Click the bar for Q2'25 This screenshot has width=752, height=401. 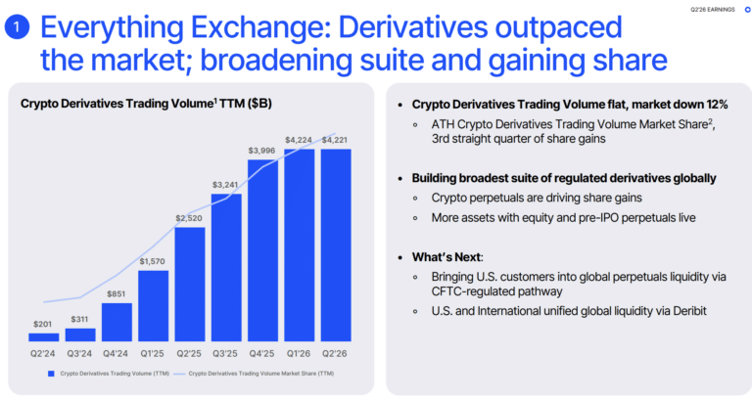click(x=190, y=284)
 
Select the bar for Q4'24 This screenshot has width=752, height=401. click(x=117, y=322)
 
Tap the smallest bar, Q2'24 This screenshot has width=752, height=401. click(x=44, y=337)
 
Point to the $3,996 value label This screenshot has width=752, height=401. click(x=261, y=151)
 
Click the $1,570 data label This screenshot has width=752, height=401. click(x=152, y=261)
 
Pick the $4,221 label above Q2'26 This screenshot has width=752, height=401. click(x=334, y=140)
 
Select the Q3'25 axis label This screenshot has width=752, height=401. click(x=225, y=354)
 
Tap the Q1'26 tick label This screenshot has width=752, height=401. click(x=299, y=354)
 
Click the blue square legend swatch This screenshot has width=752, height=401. click(x=51, y=374)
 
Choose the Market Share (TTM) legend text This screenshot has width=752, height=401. click(x=260, y=374)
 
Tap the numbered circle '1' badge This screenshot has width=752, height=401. click(x=17, y=26)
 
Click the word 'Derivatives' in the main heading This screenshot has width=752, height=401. click(x=413, y=27)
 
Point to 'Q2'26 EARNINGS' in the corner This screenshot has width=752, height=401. click(x=712, y=9)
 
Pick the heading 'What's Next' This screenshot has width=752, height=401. click(x=446, y=257)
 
